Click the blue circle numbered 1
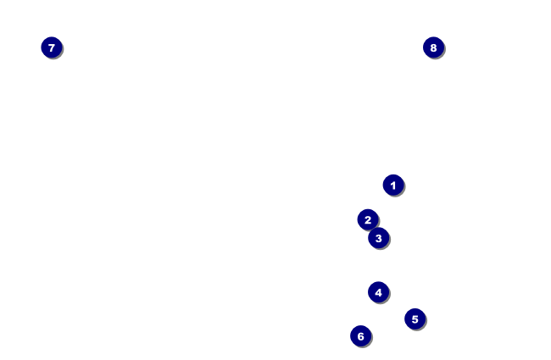tap(392, 185)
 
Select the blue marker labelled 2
tap(367, 219)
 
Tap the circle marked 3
tap(378, 238)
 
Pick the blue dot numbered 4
tap(378, 292)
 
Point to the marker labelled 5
tap(415, 319)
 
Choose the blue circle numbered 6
tap(360, 336)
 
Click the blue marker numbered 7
tap(51, 47)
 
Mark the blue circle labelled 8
tap(433, 47)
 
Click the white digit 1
tap(392, 185)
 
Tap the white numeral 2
tap(367, 219)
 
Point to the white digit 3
tap(378, 238)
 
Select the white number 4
tap(378, 292)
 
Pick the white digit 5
tap(415, 319)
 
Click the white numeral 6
tap(360, 336)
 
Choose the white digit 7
tap(51, 47)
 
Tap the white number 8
tap(433, 47)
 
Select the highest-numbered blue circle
tap(433, 47)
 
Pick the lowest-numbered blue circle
tap(392, 185)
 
